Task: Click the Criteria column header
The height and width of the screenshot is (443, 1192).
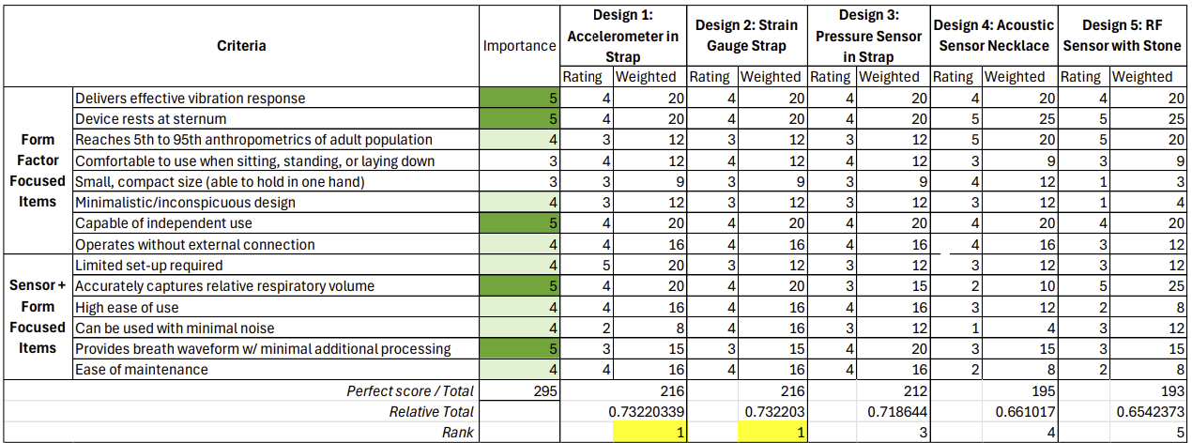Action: pyautogui.click(x=241, y=46)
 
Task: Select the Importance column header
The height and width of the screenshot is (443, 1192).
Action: pyautogui.click(x=519, y=46)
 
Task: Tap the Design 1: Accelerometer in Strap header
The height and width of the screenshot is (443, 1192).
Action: pyautogui.click(x=622, y=35)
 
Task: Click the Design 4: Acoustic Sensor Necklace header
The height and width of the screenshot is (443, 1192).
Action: pyautogui.click(x=994, y=35)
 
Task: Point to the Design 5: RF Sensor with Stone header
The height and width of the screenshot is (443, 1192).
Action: pyautogui.click(x=1123, y=35)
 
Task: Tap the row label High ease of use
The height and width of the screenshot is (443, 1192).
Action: pyautogui.click(x=126, y=307)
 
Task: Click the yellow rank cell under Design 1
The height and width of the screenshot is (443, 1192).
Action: pyautogui.click(x=649, y=432)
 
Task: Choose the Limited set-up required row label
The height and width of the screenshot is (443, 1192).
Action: pyautogui.click(x=148, y=266)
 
